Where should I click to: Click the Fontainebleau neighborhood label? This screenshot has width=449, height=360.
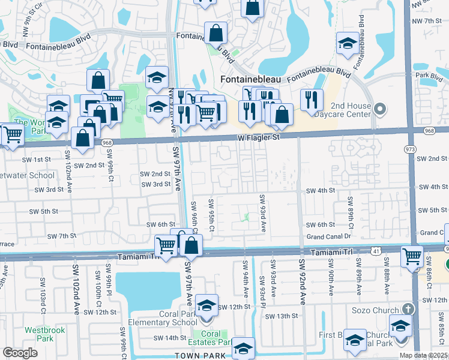(x=251, y=79)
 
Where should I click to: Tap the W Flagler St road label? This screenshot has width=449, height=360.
(x=258, y=138)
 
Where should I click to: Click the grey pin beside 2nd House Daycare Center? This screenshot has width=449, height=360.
(x=379, y=109)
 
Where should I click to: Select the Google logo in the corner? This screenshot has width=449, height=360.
(x=20, y=353)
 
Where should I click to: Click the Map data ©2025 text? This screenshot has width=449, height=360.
(x=423, y=355)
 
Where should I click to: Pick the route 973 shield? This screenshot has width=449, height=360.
(x=410, y=148)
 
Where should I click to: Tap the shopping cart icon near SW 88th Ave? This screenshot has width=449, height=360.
(x=411, y=256)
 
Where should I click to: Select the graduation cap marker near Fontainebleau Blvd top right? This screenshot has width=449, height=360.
(x=347, y=43)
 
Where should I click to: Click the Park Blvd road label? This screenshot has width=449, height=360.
(x=428, y=76)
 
